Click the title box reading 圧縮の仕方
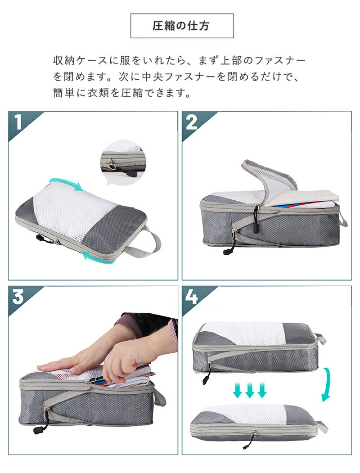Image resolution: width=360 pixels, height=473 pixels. [x=182, y=26]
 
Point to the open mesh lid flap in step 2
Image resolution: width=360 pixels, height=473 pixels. [x=268, y=178]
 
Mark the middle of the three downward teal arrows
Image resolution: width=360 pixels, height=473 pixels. [x=250, y=389]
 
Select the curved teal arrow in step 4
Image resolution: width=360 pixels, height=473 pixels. [x=327, y=385]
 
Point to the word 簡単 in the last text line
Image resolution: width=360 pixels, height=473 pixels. [x=64, y=93]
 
